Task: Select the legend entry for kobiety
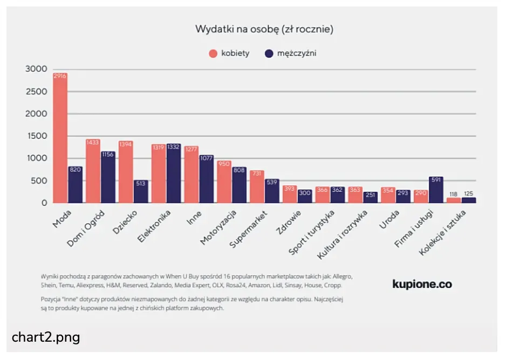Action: pyautogui.click(x=229, y=53)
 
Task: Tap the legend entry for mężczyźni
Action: pyautogui.click(x=290, y=53)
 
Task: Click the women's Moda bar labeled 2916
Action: pyautogui.click(x=60, y=138)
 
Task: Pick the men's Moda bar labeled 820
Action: pyautogui.click(x=75, y=185)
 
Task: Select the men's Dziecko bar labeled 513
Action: pyautogui.click(x=141, y=191)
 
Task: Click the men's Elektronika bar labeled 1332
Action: pyautogui.click(x=174, y=174)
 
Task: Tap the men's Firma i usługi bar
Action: pyautogui.click(x=436, y=190)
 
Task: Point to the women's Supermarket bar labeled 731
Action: pyautogui.click(x=257, y=186)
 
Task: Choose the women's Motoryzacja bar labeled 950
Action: pyautogui.click(x=224, y=182)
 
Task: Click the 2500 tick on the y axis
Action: pyautogui.click(x=37, y=92)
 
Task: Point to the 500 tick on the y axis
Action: pyautogui.click(x=39, y=181)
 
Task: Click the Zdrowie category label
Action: pyautogui.click(x=288, y=222)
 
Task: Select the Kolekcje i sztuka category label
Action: pyautogui.click(x=442, y=233)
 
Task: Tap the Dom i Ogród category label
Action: pyautogui.click(x=86, y=229)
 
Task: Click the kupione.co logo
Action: pyautogui.click(x=422, y=284)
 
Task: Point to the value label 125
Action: pyautogui.click(x=469, y=193)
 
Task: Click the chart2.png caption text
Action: pyautogui.click(x=46, y=338)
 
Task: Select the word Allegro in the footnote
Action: pyautogui.click(x=342, y=276)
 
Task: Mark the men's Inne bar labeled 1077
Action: pyautogui.click(x=207, y=179)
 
